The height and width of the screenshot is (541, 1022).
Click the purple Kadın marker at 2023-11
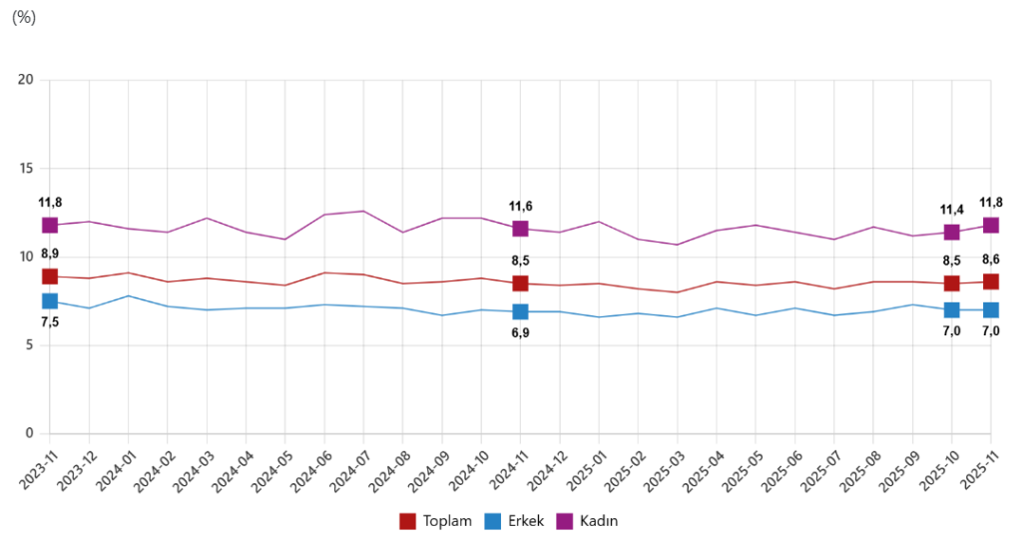[50, 226]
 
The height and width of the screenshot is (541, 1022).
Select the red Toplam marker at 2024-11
[520, 283]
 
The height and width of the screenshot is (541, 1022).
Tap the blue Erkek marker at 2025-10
[951, 310]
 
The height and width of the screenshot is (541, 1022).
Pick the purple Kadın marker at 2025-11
[990, 226]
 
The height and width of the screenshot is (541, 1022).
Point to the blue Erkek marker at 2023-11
[50, 301]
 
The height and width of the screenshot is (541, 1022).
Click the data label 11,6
[520, 207]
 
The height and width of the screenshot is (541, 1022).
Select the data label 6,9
[520, 332]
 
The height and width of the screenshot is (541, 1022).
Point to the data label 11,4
[951, 210]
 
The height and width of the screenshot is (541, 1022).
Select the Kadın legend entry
[594, 521]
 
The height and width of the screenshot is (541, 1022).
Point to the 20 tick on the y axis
[26, 80]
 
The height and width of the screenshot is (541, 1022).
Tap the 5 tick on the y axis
[30, 345]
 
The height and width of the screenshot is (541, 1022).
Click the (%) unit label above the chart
[23, 18]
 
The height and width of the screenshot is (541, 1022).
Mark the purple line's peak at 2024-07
[363, 211]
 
